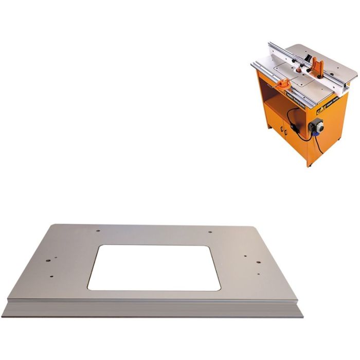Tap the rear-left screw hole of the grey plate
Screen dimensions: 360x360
(98, 230)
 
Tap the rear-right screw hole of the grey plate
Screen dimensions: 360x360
(210, 231)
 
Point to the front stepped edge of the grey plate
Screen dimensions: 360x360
(154, 308)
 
